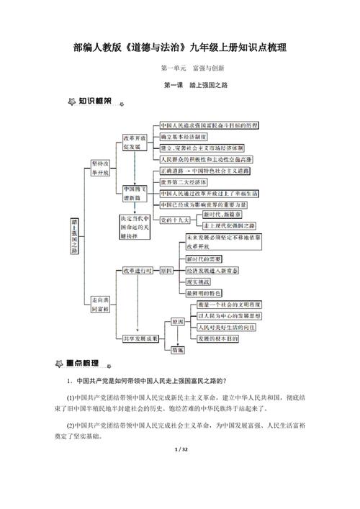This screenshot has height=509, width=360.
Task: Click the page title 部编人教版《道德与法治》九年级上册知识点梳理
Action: [180, 48]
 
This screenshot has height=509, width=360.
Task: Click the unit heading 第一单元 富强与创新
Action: [193, 68]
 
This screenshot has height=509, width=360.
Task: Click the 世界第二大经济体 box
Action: [186, 183]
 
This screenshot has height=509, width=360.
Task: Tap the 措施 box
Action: [177, 349]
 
